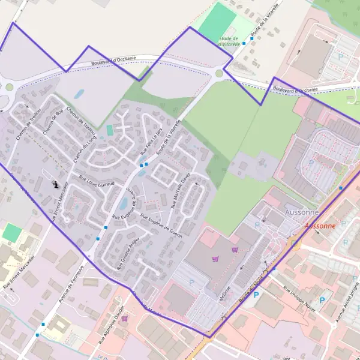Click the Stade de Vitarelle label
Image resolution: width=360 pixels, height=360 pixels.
[228, 41]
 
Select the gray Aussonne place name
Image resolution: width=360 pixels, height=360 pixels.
[302, 212]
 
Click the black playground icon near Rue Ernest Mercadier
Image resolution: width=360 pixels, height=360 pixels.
[56, 185]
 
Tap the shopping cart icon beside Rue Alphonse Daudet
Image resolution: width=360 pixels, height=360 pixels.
[124, 319]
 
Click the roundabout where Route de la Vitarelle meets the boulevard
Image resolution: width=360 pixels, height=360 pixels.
[219, 74]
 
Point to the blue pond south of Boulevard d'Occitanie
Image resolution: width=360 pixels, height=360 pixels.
[79, 94]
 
